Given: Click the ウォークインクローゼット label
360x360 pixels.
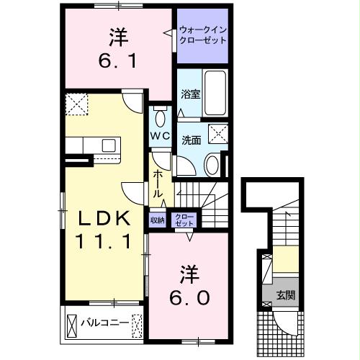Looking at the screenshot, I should pos(203,35).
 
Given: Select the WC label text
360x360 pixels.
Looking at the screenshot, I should pos(160,135).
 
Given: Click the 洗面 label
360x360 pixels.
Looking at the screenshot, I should pos(190,140).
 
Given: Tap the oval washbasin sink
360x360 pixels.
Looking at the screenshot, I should pos(212,165).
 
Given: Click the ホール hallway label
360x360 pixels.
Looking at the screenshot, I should pos(158,184).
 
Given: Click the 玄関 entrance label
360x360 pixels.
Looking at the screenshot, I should pos(285,295).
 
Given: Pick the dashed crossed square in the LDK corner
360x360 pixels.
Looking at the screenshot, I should pos(75,106).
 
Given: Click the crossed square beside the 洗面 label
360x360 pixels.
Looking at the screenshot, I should pos(216,134).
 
